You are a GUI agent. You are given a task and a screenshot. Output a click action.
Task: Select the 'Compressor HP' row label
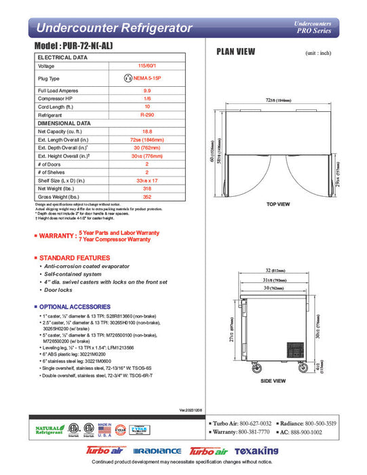pos(56,99)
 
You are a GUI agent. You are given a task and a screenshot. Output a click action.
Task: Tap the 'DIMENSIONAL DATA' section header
pos(64,124)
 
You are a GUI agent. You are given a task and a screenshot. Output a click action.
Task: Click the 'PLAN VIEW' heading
pos(236,51)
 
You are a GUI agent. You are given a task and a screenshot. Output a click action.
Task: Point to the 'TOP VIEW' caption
pos(278,204)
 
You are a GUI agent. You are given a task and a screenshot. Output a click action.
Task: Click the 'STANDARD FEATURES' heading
pos(75,259)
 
